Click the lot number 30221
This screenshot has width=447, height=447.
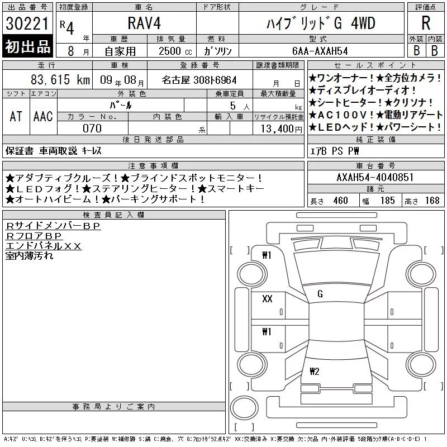click(x=27, y=23)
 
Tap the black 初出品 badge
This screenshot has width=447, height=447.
click(x=27, y=46)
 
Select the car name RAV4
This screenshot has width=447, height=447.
click(x=144, y=23)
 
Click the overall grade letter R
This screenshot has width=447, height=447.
click(x=426, y=23)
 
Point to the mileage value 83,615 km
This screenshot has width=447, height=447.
click(x=60, y=79)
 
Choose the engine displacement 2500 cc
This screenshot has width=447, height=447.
click(x=175, y=51)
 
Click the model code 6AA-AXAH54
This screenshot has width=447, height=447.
click(x=320, y=51)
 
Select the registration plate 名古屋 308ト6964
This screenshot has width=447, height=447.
click(x=199, y=80)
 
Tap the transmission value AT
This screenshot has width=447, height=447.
click(x=16, y=116)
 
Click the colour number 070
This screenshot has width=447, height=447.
click(x=92, y=129)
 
